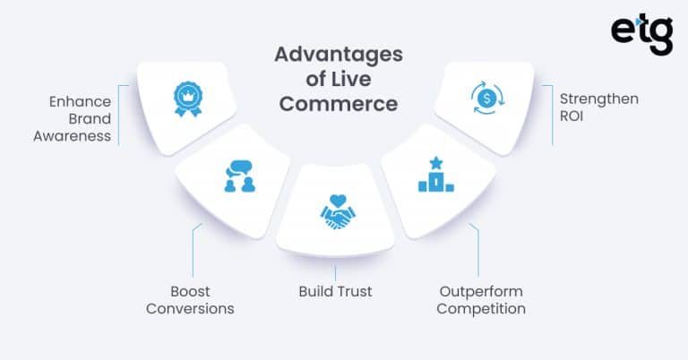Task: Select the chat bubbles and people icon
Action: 239,176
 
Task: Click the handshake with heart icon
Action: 338,211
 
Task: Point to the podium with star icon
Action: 435,175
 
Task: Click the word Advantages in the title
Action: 338,55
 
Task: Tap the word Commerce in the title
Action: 339,103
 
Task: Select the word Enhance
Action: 81,100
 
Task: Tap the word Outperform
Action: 480,291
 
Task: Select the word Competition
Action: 482,309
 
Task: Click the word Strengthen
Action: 599,99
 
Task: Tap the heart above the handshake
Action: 338,200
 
